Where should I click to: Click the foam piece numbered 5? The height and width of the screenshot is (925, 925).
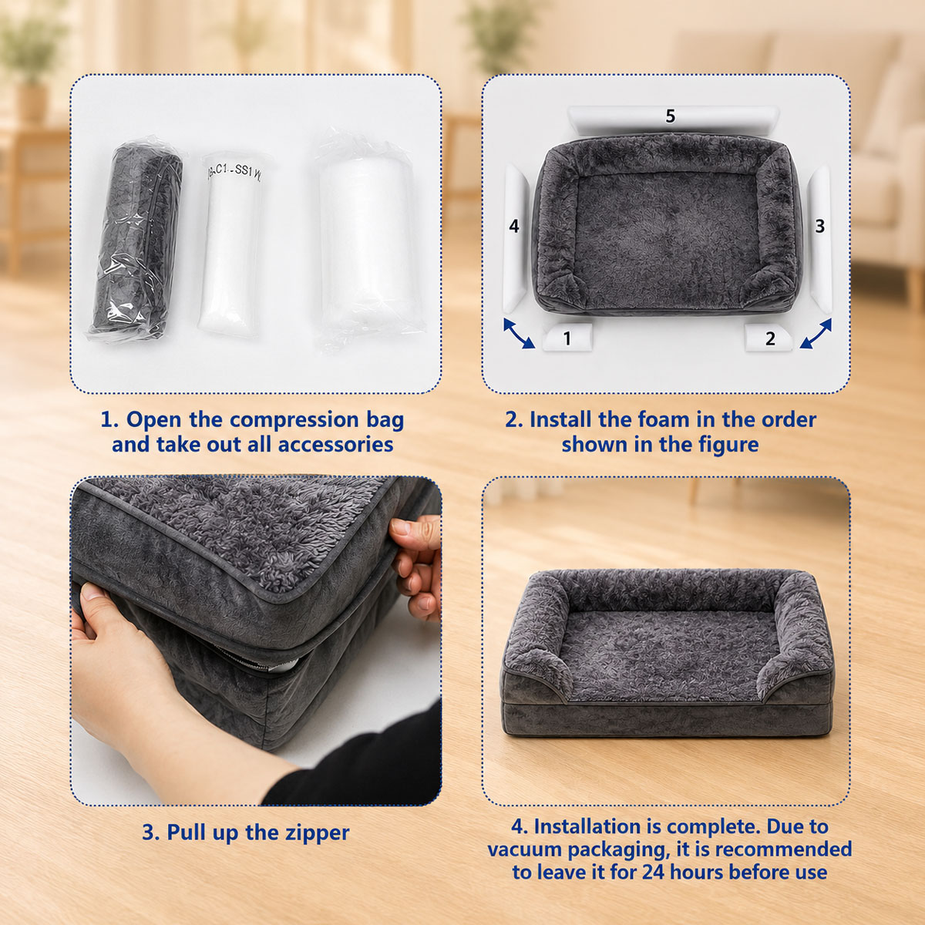pos(672,120)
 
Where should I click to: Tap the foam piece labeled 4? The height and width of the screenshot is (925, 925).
pos(515,237)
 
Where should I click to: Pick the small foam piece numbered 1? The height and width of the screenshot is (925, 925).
pos(568,337)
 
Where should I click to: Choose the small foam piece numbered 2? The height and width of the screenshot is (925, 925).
pos(768,338)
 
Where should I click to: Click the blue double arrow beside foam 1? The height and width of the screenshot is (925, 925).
pos(519,333)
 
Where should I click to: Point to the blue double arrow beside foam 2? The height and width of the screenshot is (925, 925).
pos(816,334)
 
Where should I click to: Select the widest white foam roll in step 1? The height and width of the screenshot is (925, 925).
pos(367,240)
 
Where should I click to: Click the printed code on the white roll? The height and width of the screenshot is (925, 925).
pos(235,173)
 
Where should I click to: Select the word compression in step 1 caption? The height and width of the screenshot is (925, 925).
pos(294,421)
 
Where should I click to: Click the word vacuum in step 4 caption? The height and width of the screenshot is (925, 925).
pos(526,849)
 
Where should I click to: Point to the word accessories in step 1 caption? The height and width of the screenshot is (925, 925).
pos(335,445)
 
